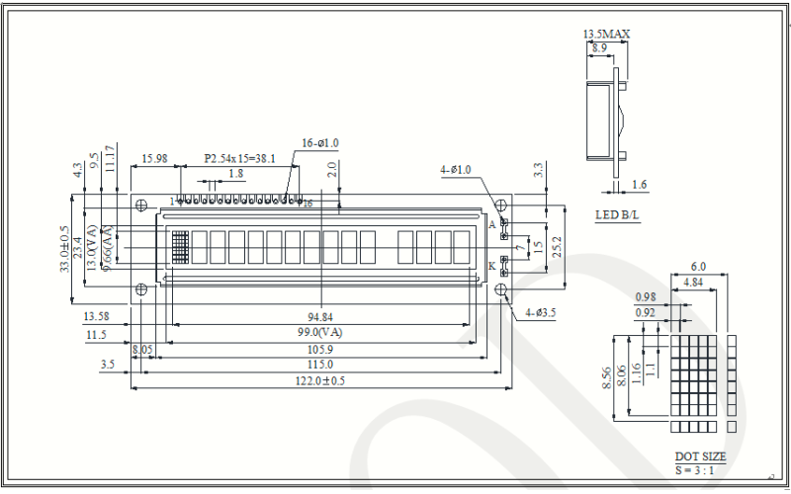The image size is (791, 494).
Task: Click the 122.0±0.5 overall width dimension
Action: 318,381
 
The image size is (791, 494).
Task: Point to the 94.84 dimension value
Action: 319,317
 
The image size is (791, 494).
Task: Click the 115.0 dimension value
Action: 319,365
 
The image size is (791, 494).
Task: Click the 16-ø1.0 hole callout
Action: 321,143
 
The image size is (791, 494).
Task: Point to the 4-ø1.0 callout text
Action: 456,170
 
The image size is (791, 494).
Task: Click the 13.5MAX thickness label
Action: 606,34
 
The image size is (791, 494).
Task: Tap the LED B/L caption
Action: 617,215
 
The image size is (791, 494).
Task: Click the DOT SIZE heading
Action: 700,456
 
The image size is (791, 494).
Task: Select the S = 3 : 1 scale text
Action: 698,470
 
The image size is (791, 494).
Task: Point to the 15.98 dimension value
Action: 154,158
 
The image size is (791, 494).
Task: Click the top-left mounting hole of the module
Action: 141,206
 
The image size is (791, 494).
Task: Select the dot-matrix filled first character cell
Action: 179,247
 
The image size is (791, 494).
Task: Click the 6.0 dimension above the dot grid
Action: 698,267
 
